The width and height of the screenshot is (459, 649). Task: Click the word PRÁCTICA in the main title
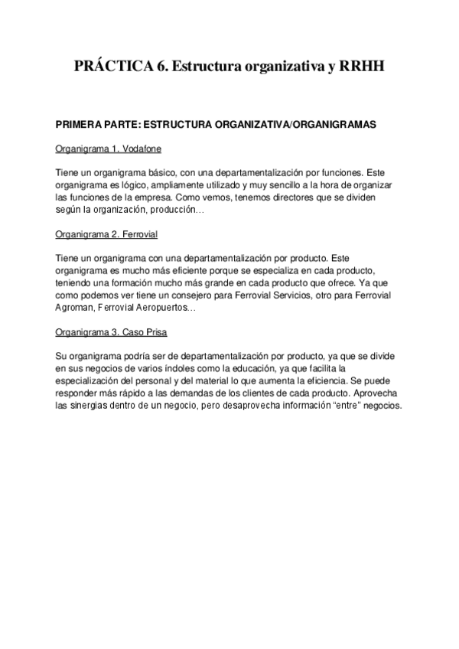(x=111, y=67)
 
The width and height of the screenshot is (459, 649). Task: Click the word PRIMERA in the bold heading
(x=79, y=124)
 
